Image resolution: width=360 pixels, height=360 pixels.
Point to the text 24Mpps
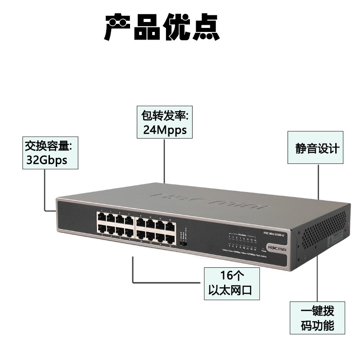point(164,130)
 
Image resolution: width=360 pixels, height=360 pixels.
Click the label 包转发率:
point(164,116)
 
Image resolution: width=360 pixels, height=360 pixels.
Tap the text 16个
point(233,275)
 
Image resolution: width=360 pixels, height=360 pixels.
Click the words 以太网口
point(233,291)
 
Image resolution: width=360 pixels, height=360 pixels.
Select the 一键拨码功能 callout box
point(317,318)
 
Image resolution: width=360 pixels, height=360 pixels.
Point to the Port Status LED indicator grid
point(243,241)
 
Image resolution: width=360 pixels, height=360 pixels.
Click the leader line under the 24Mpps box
point(165,160)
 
